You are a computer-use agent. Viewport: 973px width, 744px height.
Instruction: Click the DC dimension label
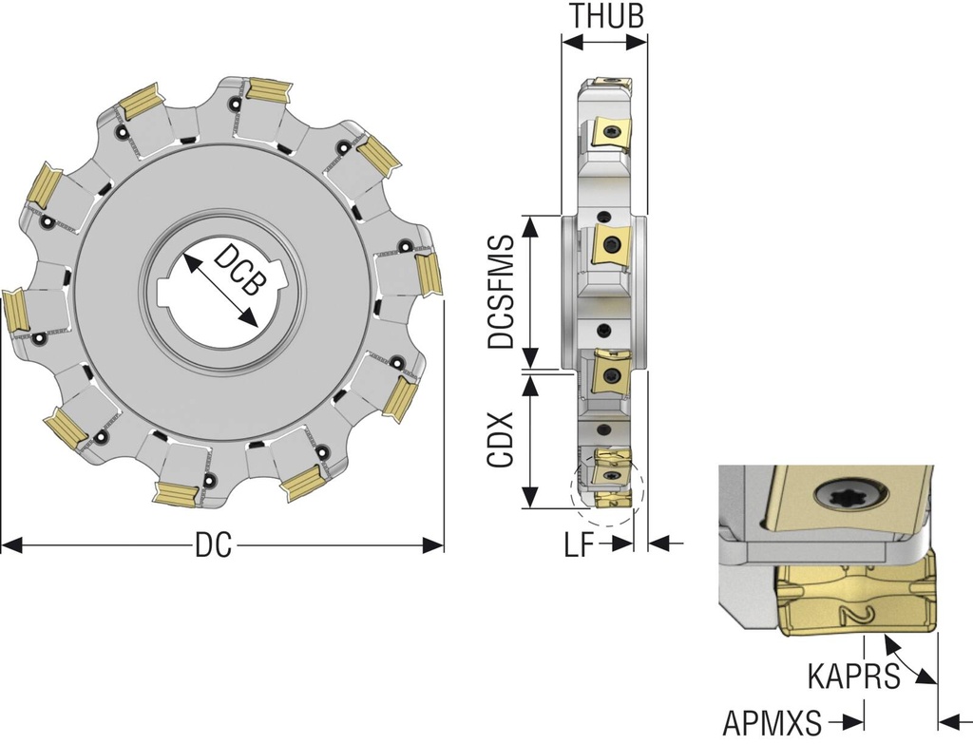pyautogui.click(x=214, y=545)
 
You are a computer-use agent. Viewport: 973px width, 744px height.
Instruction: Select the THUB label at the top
pyautogui.click(x=606, y=17)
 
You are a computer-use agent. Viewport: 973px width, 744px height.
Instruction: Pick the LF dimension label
pyautogui.click(x=580, y=545)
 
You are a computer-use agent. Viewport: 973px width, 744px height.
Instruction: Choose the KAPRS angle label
pyautogui.click(x=853, y=676)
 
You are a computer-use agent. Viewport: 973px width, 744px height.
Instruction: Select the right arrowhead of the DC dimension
pyautogui.click(x=433, y=545)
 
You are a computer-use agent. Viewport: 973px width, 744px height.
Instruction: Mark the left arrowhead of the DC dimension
pyautogui.click(x=12, y=545)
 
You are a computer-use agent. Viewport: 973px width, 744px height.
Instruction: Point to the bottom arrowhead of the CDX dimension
pyautogui.click(x=529, y=497)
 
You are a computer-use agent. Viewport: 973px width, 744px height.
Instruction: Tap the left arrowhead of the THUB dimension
pyautogui.click(x=573, y=42)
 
